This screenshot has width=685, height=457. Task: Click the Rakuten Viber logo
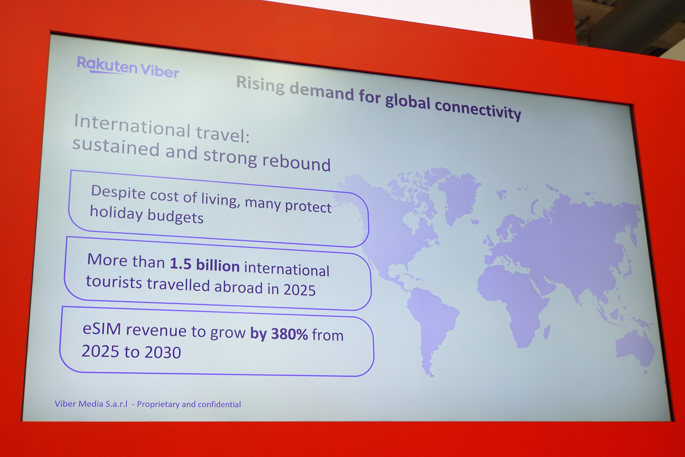[128, 67]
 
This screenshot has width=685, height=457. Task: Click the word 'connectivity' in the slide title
[478, 108]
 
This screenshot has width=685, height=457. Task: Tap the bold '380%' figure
[289, 333]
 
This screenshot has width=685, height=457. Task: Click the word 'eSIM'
[102, 328]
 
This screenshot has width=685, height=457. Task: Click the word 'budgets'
[175, 216]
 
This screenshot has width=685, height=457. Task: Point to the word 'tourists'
[114, 282]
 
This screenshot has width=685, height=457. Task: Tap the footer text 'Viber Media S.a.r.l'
[91, 404]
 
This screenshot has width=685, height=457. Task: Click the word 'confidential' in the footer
[219, 404]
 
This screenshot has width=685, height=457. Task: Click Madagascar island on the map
[546, 332]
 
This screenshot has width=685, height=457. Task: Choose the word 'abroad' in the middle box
[238, 287]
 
